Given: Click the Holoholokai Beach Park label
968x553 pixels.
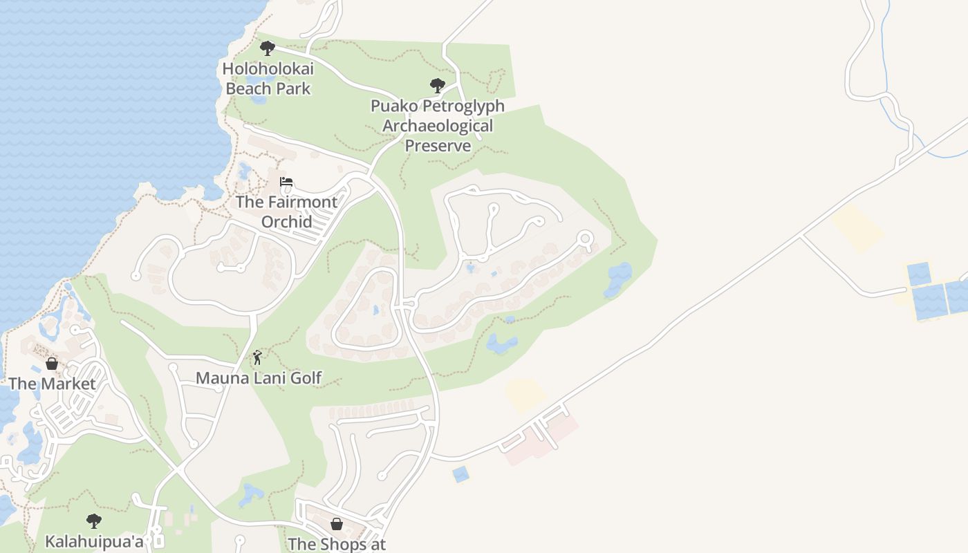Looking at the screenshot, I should pyautogui.click(x=268, y=79).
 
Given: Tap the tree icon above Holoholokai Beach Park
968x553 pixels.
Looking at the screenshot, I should pyautogui.click(x=267, y=48).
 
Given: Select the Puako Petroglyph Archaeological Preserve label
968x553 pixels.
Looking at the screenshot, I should pyautogui.click(x=438, y=126).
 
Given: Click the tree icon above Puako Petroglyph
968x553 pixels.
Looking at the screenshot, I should pyautogui.click(x=437, y=86).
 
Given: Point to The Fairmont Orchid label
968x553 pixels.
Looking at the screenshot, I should pyautogui.click(x=286, y=212).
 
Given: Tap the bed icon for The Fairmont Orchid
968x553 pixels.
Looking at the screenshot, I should pyautogui.click(x=286, y=182).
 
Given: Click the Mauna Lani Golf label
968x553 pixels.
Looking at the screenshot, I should pyautogui.click(x=259, y=378).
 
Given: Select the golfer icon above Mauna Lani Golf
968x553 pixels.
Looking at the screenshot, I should pyautogui.click(x=257, y=357).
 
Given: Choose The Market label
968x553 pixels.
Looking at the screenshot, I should pyautogui.click(x=52, y=384).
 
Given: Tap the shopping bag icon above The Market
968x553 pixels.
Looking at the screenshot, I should pyautogui.click(x=51, y=364).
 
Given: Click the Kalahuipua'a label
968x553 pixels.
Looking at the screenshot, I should pyautogui.click(x=94, y=541).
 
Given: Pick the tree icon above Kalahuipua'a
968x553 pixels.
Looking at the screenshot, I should pyautogui.click(x=94, y=521).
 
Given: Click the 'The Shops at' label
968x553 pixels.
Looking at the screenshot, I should pyautogui.click(x=337, y=544).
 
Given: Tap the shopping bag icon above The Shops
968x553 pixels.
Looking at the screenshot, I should pyautogui.click(x=337, y=524).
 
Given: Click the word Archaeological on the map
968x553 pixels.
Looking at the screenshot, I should pyautogui.click(x=438, y=126).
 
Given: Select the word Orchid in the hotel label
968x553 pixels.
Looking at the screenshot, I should pyautogui.click(x=286, y=222).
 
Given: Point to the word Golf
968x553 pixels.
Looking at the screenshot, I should pyautogui.click(x=306, y=378).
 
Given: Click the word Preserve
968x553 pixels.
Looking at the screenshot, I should pyautogui.click(x=438, y=146).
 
